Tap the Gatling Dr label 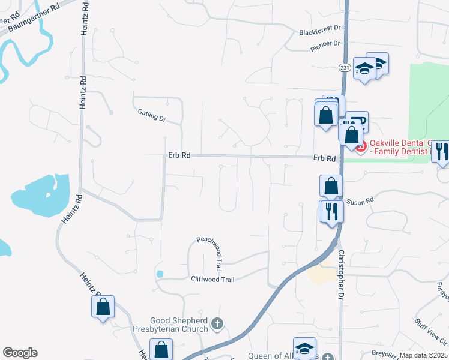coord(151,115)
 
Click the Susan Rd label coord(360,200)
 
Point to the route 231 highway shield coord(344,68)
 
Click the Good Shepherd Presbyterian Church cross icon coord(217,325)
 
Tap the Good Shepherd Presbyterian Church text coord(179,324)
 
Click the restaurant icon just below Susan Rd coord(331,211)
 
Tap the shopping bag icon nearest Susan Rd coord(331,185)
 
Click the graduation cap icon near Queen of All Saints coord(304,348)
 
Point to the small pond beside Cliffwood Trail coord(160,274)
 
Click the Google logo coord(20,353)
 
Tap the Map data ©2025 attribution coord(423,355)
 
